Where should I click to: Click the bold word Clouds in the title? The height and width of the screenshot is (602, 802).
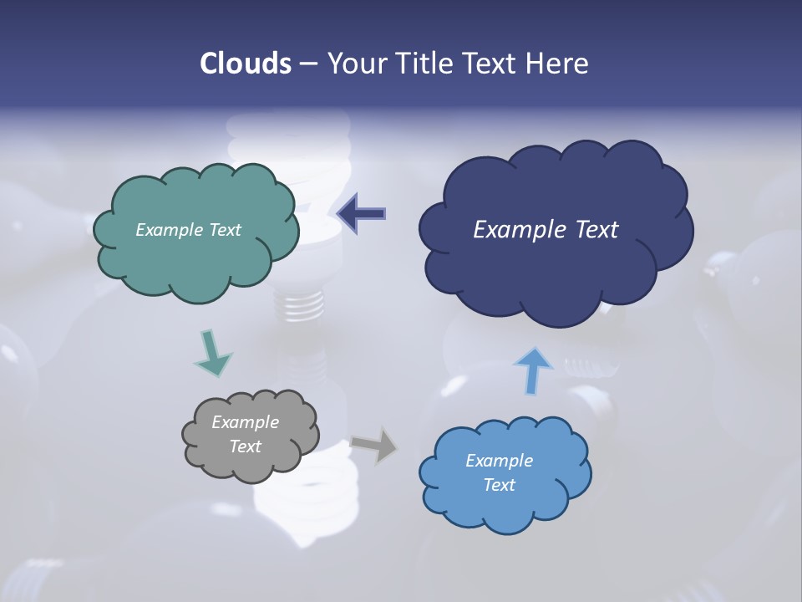tap(246, 64)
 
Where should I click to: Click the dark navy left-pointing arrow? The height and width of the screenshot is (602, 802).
tap(361, 214)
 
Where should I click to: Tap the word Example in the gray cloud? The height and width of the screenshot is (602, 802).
tap(245, 422)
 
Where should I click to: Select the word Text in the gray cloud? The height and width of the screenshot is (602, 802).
tap(245, 446)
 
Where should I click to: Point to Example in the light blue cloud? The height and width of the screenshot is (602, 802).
tap(499, 461)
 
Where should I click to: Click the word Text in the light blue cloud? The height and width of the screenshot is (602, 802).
tap(499, 485)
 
